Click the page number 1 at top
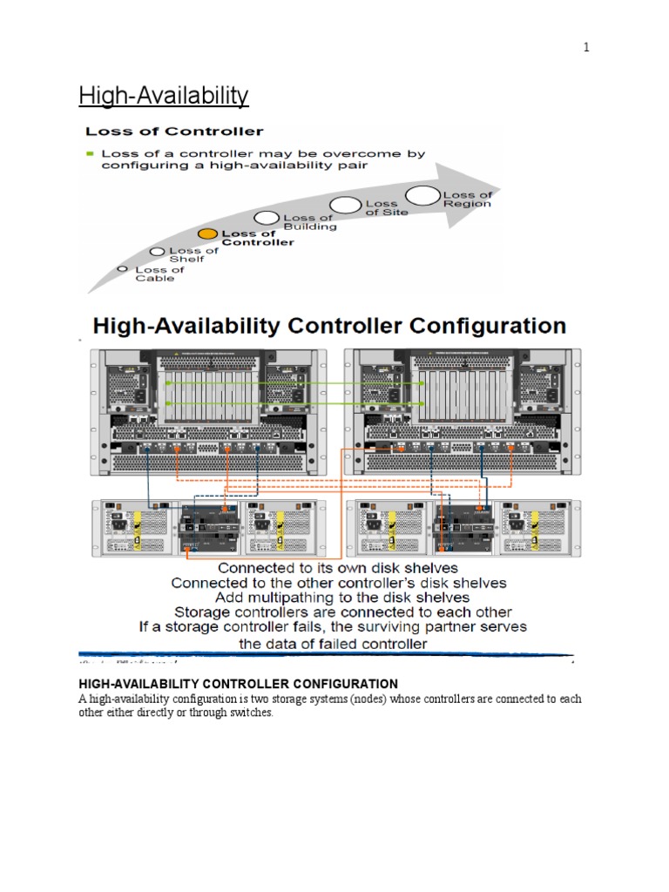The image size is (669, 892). pos(587,48)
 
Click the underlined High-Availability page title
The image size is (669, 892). pos(164,95)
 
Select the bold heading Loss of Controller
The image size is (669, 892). pos(173,132)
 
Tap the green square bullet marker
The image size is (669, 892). pos(89,153)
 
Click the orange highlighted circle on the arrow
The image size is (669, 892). pos(207,233)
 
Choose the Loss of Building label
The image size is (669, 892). pos(308,222)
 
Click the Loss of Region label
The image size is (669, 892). pos(468,199)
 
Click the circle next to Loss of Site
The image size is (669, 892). pos(346,206)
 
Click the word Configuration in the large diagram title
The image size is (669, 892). pos(490,327)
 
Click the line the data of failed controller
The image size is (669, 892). pos(333,644)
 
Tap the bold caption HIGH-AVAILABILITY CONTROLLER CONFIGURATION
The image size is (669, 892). pos(239,684)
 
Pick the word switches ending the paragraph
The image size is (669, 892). pos(253,713)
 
